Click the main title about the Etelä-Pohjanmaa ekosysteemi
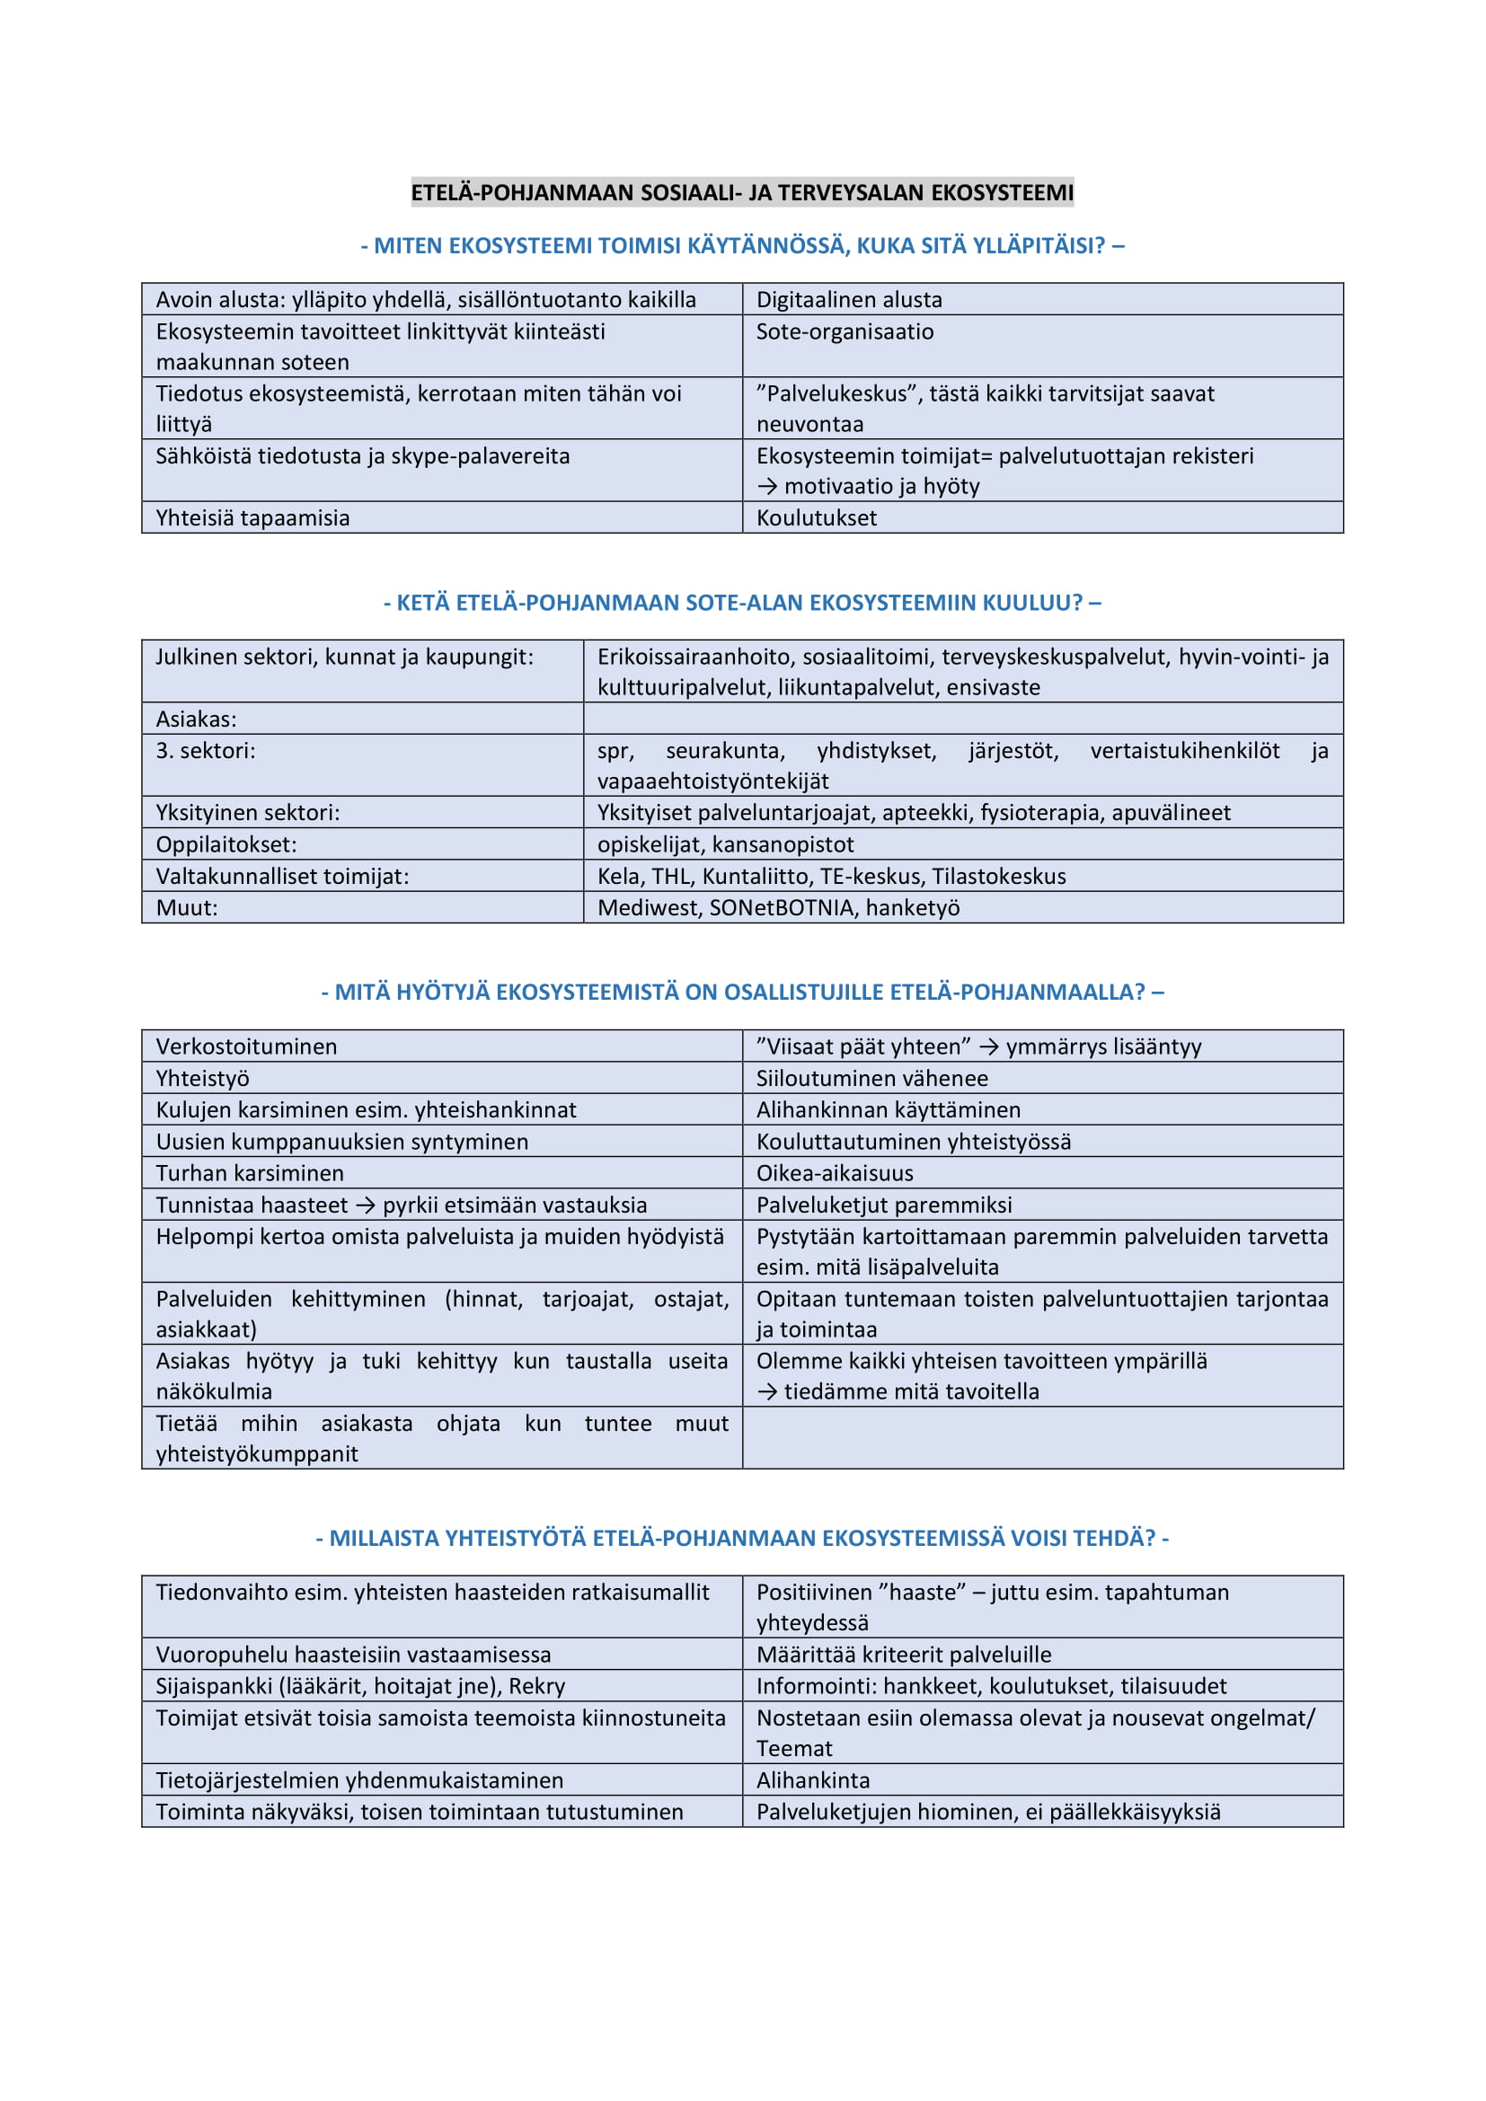[x=742, y=193]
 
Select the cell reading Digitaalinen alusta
[x=848, y=300]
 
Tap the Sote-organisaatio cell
[x=844, y=332]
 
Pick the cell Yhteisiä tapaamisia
[x=252, y=518]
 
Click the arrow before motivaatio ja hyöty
[x=766, y=487]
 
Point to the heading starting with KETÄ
[x=742, y=602]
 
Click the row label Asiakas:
[x=196, y=719]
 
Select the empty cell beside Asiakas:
[x=962, y=719]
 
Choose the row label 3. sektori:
[x=206, y=750]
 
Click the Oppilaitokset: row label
[x=226, y=843]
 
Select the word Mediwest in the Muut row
[x=649, y=908]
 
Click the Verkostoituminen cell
[x=246, y=1046]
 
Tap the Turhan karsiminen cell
[x=250, y=1173]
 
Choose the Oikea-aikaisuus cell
[x=835, y=1173]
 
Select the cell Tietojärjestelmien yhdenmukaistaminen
[x=359, y=1779]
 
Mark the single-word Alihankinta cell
[x=812, y=1779]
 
